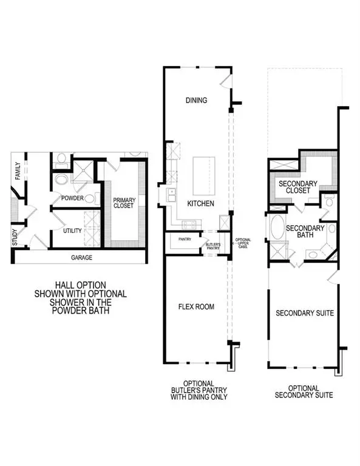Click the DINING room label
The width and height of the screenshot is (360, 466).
coord(197,101)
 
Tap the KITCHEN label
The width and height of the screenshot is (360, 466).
coord(200,204)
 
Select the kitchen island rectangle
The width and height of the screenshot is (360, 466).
coord(203,174)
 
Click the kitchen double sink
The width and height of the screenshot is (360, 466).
coord(171,194)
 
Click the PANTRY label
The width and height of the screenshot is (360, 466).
coord(185,240)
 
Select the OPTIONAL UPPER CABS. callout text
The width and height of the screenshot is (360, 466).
coord(243,243)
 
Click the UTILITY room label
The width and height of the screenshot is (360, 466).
coord(72,231)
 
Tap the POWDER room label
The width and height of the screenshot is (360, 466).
coord(72,198)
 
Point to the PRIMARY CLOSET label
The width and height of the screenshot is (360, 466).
coord(124,202)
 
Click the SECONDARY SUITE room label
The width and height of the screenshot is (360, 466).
coord(305,313)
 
